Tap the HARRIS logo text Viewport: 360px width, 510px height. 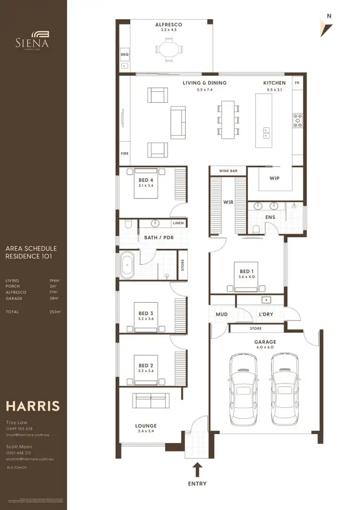(x=33, y=406)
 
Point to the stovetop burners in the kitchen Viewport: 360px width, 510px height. (x=298, y=120)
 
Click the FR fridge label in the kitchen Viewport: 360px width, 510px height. (x=297, y=83)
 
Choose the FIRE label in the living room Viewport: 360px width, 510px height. (x=124, y=154)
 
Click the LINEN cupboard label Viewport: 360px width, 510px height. (x=178, y=223)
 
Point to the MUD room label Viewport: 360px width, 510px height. (x=221, y=315)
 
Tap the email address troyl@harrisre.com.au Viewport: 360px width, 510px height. (x=28, y=435)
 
